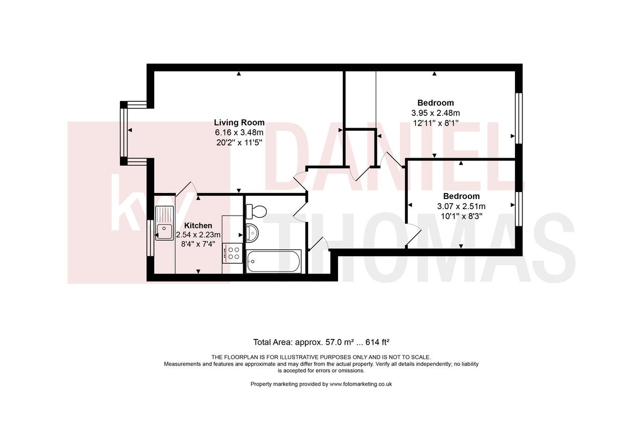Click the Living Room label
point(239,122)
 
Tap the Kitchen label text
point(198,226)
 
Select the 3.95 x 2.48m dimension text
point(435,113)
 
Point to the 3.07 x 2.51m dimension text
point(461,206)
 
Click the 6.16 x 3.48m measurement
point(239,132)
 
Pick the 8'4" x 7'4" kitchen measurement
point(198,245)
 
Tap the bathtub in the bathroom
point(273,262)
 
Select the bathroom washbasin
point(252,232)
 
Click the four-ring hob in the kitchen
point(231,252)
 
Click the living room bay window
point(124,132)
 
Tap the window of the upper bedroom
point(518,118)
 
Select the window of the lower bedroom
point(518,208)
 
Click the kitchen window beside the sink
point(150,239)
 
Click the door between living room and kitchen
point(186,189)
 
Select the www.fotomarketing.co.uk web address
point(361,384)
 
